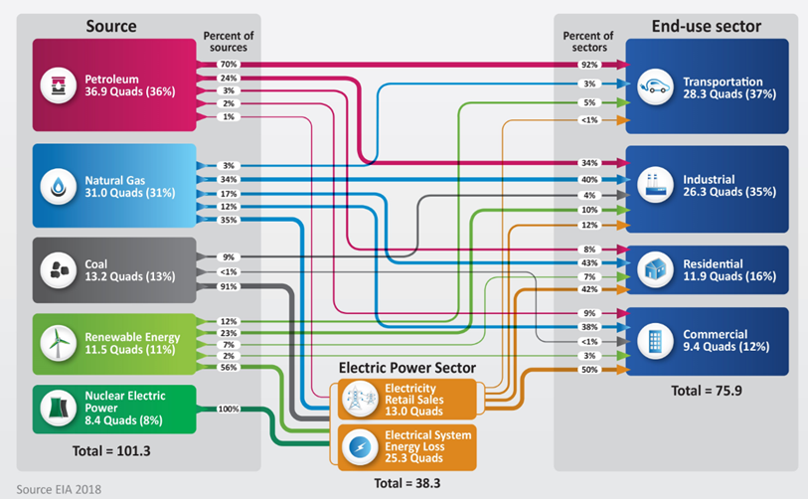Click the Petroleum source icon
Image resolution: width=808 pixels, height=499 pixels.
point(59,85)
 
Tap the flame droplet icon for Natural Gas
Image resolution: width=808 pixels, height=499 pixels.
point(59,186)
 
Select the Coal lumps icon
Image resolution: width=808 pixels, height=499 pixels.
point(59,269)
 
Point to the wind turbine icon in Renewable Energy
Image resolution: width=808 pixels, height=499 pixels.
point(59,343)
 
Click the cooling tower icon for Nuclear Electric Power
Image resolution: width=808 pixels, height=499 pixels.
point(59,409)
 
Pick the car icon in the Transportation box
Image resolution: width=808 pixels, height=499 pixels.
point(655,86)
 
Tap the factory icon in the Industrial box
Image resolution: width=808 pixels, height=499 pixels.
point(655,185)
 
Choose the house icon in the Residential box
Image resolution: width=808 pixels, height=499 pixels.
point(655,269)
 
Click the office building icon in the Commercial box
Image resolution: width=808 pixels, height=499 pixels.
point(655,340)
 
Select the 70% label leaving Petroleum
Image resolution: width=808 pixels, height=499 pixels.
point(229,65)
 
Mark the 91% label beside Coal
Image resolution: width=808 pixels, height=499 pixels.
point(229,286)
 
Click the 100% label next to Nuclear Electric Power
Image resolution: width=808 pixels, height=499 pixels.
point(229,409)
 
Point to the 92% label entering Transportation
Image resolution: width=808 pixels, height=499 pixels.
point(589,65)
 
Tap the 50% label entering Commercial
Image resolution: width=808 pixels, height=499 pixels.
point(589,370)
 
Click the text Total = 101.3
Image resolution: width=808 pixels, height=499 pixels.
point(111,451)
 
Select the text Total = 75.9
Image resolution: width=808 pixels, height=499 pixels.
point(707,391)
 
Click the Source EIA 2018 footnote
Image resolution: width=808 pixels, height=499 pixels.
point(59,489)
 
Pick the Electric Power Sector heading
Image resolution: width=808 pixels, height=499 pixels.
point(407,368)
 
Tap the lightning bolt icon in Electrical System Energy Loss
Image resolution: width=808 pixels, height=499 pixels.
point(360,447)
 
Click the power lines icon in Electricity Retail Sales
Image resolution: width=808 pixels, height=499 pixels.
point(360,399)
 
